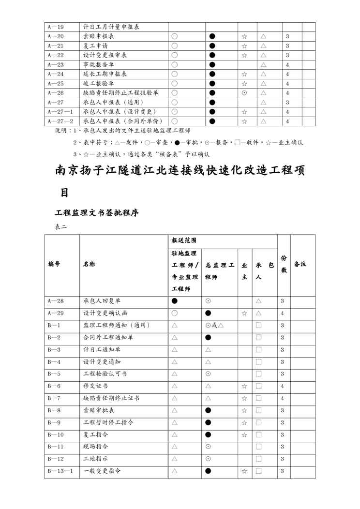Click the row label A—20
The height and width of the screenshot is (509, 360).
(x=56, y=36)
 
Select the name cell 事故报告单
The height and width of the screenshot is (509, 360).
(x=99, y=64)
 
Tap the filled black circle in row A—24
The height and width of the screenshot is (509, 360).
(x=212, y=74)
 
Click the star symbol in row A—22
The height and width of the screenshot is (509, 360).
(x=244, y=55)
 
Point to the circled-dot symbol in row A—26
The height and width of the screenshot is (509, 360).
(x=244, y=93)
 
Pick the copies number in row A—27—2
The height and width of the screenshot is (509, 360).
(x=287, y=121)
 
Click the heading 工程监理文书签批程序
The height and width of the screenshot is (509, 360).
(x=97, y=212)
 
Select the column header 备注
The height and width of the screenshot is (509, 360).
(x=300, y=264)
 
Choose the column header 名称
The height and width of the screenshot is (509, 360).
(x=89, y=264)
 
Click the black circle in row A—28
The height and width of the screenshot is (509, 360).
(x=174, y=301)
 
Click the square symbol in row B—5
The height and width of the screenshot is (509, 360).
(x=258, y=374)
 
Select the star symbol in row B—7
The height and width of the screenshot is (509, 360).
(x=244, y=398)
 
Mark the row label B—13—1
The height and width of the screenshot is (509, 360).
(x=60, y=470)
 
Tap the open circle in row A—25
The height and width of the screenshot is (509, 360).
(x=174, y=83)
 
